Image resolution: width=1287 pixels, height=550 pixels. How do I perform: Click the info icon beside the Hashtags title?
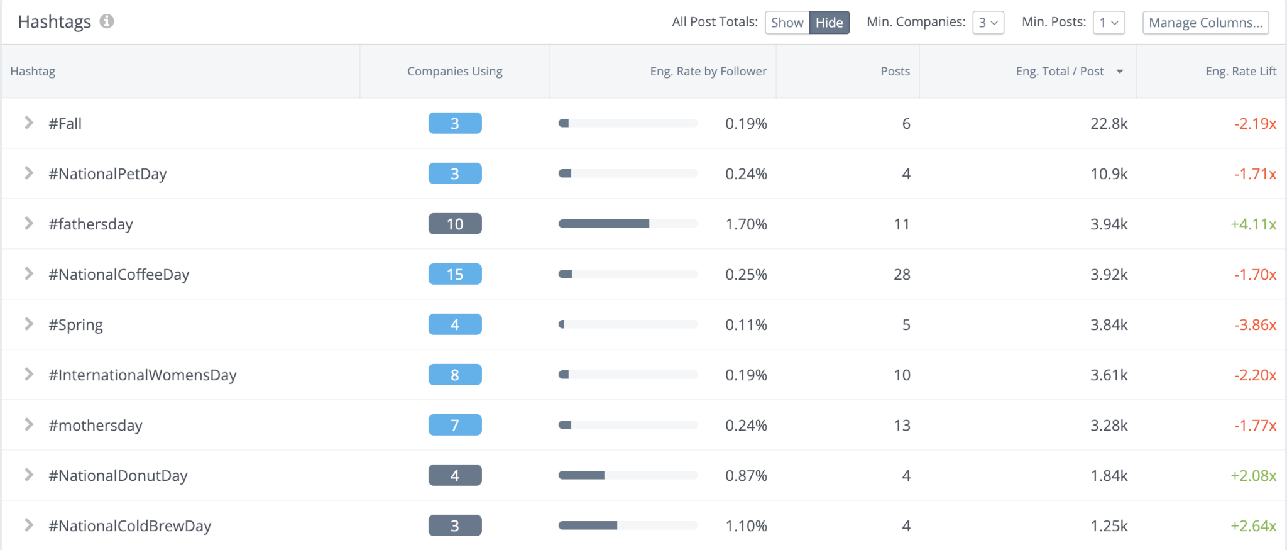pyautogui.click(x=107, y=21)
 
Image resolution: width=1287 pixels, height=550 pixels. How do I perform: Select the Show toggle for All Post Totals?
pyautogui.click(x=787, y=23)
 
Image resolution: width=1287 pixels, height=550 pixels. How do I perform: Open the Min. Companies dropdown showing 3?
pyautogui.click(x=988, y=23)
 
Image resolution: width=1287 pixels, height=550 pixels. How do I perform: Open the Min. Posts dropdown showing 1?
pyautogui.click(x=1109, y=23)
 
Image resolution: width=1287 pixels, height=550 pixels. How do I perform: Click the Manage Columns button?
pyautogui.click(x=1205, y=23)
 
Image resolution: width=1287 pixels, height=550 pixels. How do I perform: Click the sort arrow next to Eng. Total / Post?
pyautogui.click(x=1120, y=72)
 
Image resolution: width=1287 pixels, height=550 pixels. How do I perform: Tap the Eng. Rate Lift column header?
pyautogui.click(x=1240, y=72)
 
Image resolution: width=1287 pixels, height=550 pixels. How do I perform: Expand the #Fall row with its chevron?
pyautogui.click(x=28, y=123)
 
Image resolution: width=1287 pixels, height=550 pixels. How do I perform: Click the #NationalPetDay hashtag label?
pyautogui.click(x=107, y=174)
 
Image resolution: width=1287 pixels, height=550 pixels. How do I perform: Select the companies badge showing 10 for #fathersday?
pyautogui.click(x=455, y=224)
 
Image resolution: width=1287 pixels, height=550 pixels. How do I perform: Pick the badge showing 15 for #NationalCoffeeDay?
pyautogui.click(x=455, y=274)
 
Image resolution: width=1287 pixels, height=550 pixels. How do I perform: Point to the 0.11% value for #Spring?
pyautogui.click(x=746, y=325)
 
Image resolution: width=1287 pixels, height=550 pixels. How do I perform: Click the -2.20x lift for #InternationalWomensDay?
pyautogui.click(x=1255, y=375)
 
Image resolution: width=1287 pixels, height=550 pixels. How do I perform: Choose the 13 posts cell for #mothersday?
pyautogui.click(x=902, y=426)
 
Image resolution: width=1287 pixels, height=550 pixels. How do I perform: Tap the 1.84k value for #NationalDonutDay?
pyautogui.click(x=1109, y=476)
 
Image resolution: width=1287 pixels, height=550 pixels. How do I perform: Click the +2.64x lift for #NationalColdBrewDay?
pyautogui.click(x=1253, y=526)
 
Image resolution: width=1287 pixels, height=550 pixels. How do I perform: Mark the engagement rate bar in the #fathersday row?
pyautogui.click(x=627, y=224)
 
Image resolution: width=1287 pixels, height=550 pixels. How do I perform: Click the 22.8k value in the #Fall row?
pyautogui.click(x=1109, y=124)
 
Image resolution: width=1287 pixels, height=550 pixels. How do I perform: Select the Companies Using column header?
pyautogui.click(x=454, y=72)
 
